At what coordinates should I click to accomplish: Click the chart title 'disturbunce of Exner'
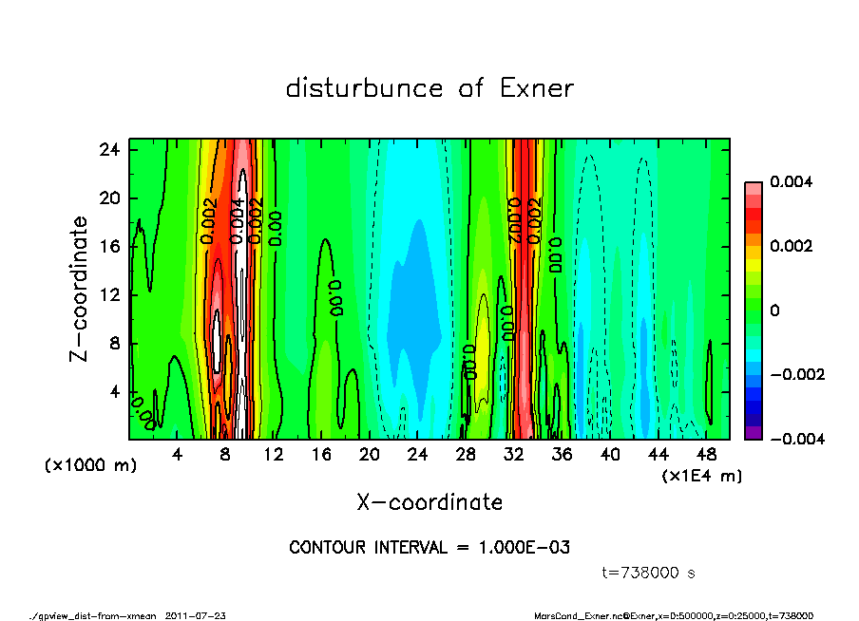pos(429,89)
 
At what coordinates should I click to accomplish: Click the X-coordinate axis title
pos(429,501)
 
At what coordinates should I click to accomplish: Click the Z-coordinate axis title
pos(80,289)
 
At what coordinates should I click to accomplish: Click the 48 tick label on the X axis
pos(706,454)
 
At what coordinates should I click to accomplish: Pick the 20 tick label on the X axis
pos(369,454)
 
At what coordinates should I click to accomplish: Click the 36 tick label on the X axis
pos(562,454)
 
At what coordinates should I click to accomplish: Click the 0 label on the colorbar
pos(774,310)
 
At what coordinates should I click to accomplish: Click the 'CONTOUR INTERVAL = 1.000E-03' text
pos(429,548)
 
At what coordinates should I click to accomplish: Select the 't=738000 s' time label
pos(649,573)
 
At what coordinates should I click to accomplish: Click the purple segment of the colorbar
pos(753,433)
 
